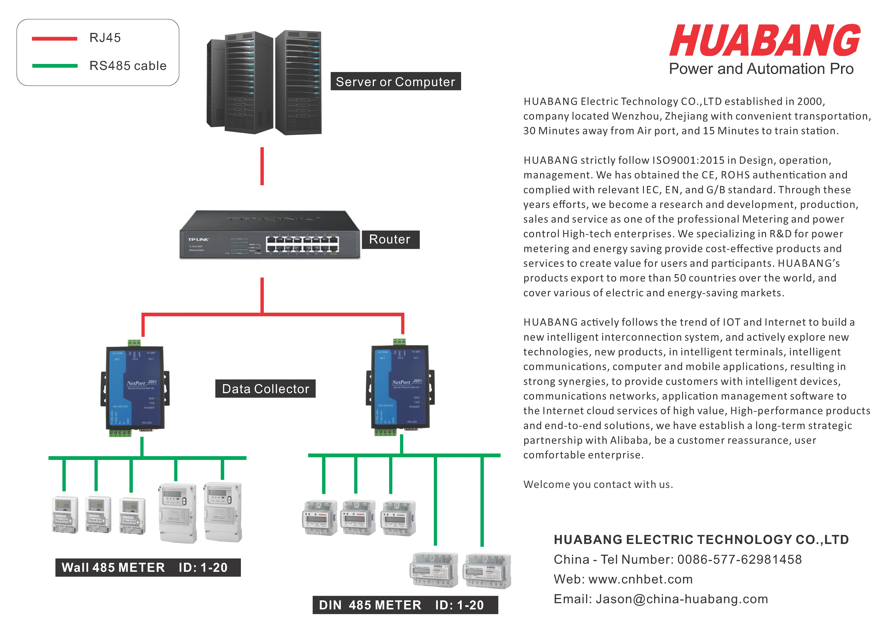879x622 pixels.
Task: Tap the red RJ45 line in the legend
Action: coord(54,38)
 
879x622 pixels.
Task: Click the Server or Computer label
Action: coord(396,82)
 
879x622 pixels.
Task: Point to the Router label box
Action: coord(390,239)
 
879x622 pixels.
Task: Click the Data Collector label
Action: coord(265,389)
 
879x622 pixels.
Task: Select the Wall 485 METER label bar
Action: coord(148,567)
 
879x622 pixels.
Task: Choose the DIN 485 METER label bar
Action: coord(405,605)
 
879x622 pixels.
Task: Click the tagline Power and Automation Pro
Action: coord(761,69)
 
